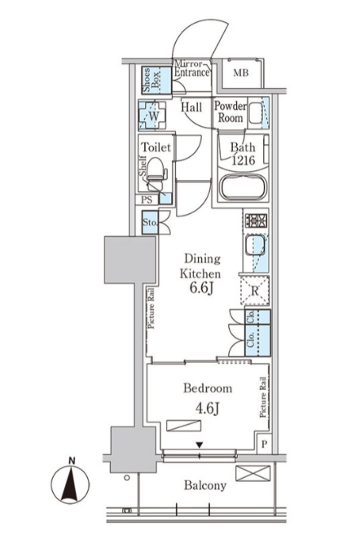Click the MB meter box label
coord(241,72)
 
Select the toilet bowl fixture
coord(156,173)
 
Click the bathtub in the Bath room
coord(243,187)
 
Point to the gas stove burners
coord(256,221)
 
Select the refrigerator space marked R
coord(255,291)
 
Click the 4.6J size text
coord(207,408)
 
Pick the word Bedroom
coord(208,388)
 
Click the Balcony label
coord(205,486)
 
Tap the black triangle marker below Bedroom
coord(199,444)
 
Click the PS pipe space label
coord(147,200)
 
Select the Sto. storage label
coord(150,222)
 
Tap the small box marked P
coord(265,444)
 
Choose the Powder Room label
coord(230,112)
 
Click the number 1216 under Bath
coord(244,160)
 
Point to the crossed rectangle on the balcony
coord(252,474)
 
